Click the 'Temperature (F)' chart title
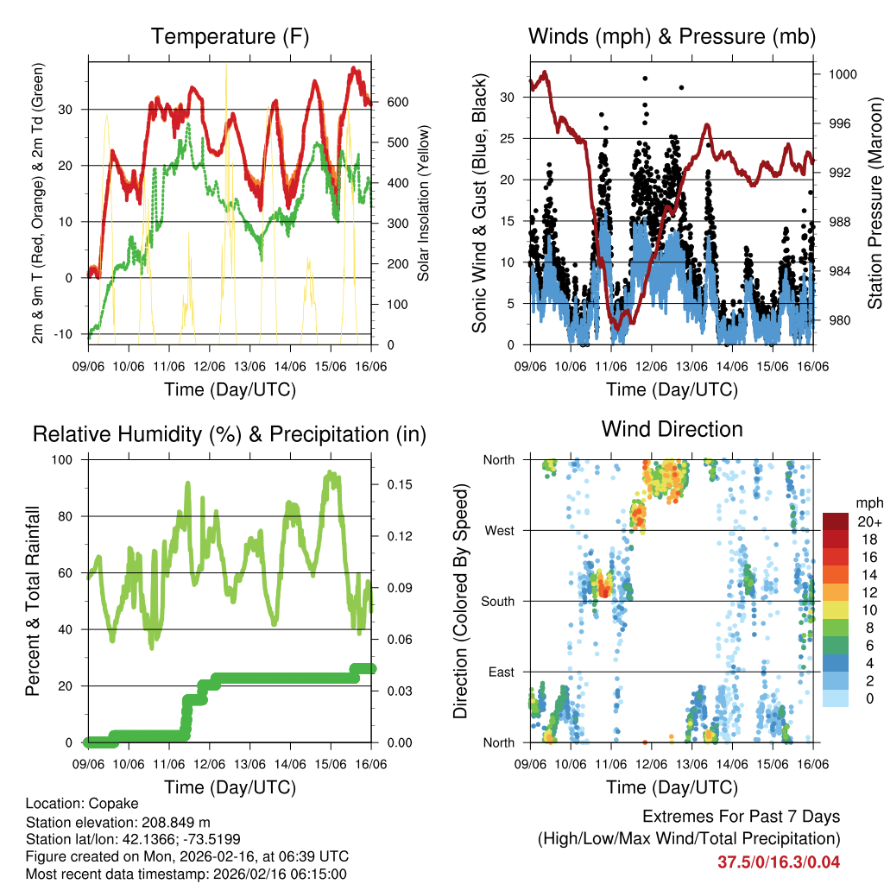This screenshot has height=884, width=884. tap(230, 36)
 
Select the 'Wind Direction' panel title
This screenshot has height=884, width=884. tap(672, 429)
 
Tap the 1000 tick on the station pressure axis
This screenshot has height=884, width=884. tap(842, 75)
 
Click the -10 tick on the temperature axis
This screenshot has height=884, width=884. tap(71, 334)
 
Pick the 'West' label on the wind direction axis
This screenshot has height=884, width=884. tap(499, 531)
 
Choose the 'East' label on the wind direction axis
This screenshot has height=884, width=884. tap(501, 672)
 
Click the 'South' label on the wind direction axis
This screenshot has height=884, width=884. tap(497, 602)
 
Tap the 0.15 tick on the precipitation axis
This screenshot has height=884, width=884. tap(396, 484)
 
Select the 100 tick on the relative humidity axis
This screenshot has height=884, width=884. tap(66, 460)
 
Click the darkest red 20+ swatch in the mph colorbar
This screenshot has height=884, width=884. tap(836, 521)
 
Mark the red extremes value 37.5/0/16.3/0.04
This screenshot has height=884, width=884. tap(778, 862)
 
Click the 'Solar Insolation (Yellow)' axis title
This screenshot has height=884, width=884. tap(424, 204)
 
